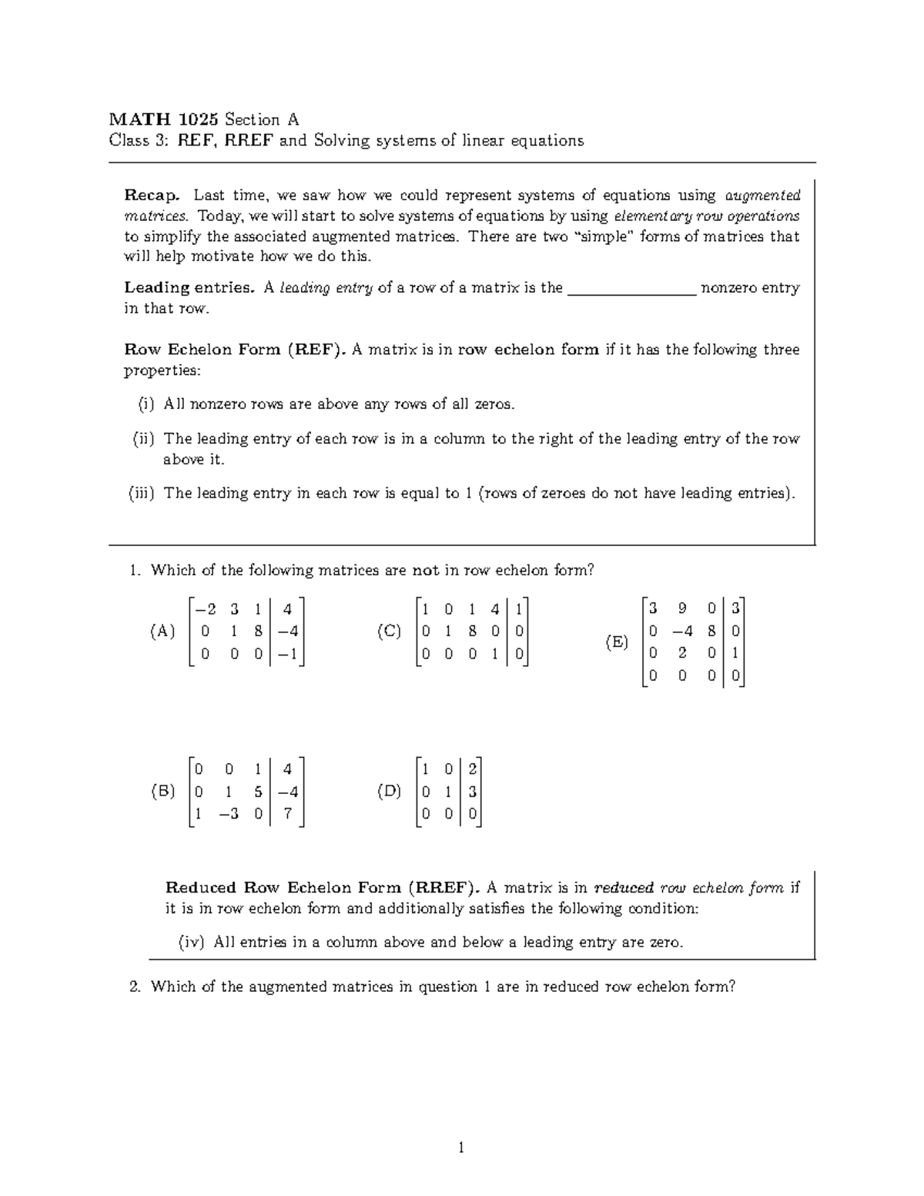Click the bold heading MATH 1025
(164, 119)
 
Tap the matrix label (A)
(162, 632)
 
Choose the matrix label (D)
(389, 792)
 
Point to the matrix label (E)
(616, 642)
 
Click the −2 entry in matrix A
(206, 610)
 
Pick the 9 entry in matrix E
(681, 609)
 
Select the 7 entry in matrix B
(287, 814)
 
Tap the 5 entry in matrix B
(258, 792)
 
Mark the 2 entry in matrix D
(472, 769)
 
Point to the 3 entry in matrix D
(472, 792)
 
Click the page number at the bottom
(461, 1149)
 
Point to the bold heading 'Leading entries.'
(189, 288)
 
